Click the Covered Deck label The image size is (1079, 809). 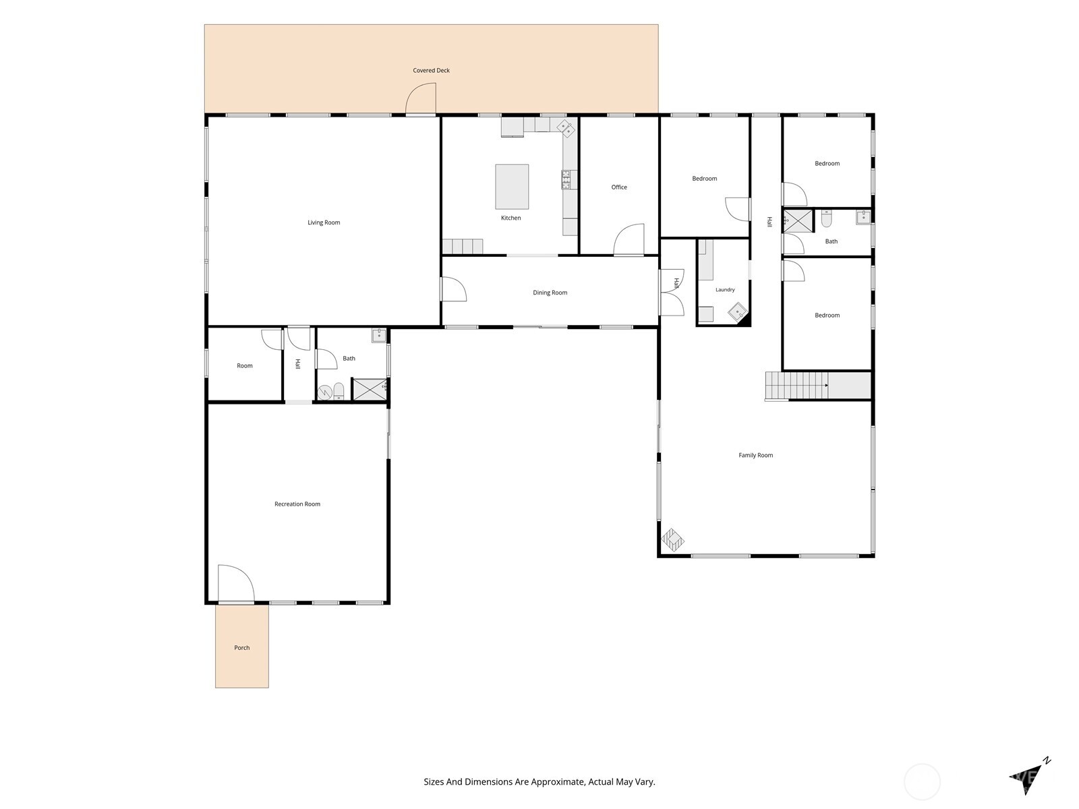[431, 70]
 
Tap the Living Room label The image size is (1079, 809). [324, 222]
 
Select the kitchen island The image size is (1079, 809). [512, 187]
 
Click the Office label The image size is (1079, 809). [619, 187]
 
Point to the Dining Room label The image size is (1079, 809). [550, 293]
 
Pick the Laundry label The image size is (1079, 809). [725, 290]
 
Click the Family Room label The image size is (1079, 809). [755, 455]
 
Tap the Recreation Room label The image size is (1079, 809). [297, 504]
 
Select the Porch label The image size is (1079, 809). [242, 648]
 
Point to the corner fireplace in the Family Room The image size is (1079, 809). [672, 540]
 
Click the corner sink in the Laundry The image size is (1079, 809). [737, 312]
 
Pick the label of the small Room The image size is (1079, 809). [245, 366]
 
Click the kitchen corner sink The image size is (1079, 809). [566, 127]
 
